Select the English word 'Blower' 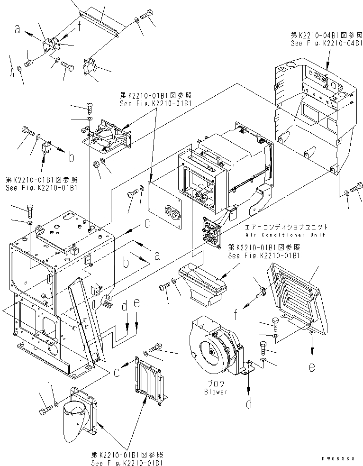point(216,392)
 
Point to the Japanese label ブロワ point(216,384)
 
